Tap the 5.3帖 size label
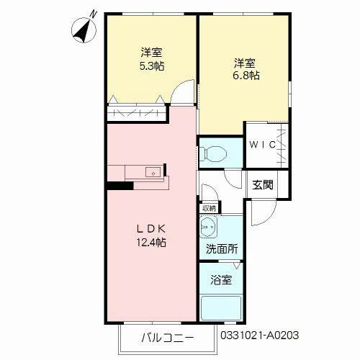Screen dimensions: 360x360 tap(151, 65)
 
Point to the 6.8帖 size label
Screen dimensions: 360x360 tap(246, 75)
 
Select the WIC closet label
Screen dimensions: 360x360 tap(263, 144)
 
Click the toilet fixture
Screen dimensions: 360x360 tap(213, 153)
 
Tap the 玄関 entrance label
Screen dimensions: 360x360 tap(263, 184)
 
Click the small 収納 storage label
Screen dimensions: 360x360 tap(209, 208)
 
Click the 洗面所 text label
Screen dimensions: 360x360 tap(222, 251)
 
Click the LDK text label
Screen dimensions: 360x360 tap(152, 229)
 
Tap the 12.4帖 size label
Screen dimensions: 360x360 tap(152, 243)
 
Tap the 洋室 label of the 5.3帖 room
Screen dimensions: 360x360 tap(151, 52)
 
